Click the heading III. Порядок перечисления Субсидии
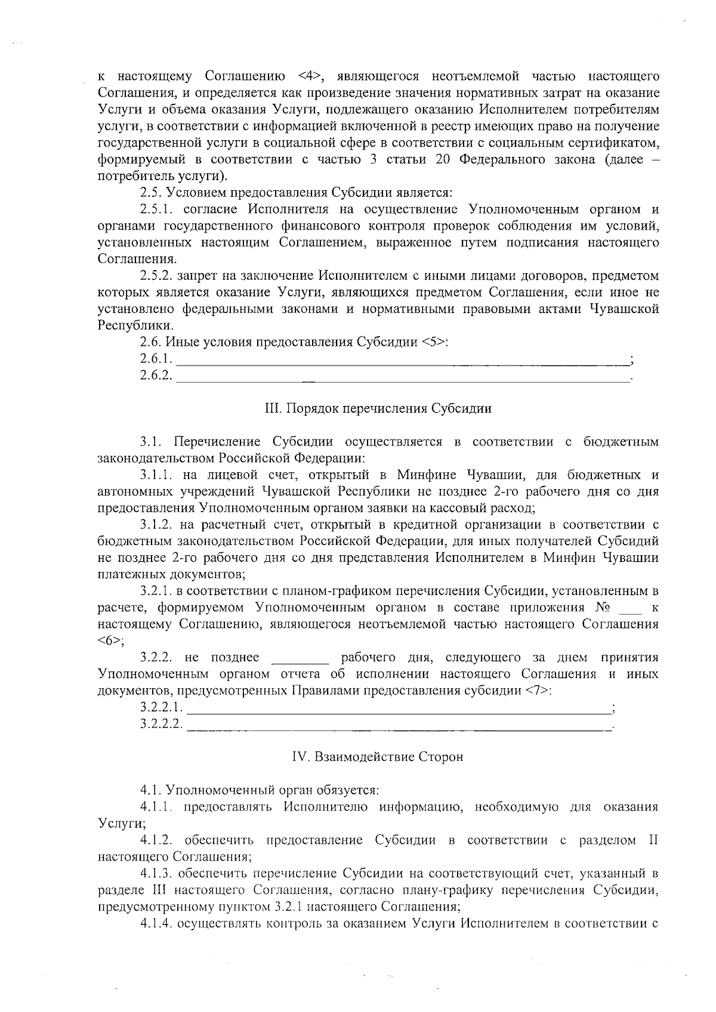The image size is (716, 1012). (x=378, y=408)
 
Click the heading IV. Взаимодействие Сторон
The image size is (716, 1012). (x=378, y=757)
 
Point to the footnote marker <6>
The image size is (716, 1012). (x=109, y=640)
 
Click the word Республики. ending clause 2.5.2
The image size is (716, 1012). (x=136, y=326)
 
